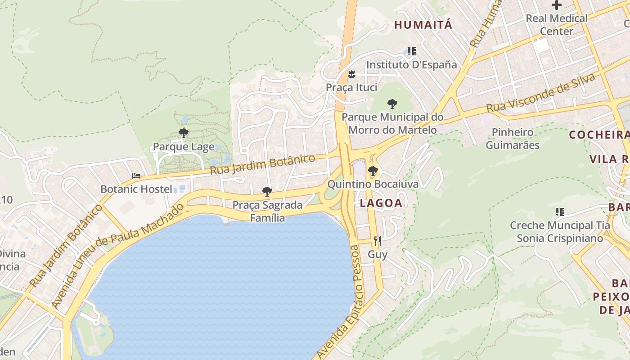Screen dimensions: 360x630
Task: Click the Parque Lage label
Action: click(x=184, y=147)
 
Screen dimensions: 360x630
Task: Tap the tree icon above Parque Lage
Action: click(x=183, y=133)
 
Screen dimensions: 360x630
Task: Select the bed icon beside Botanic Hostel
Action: click(x=136, y=175)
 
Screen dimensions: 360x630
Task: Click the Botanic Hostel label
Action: click(x=136, y=189)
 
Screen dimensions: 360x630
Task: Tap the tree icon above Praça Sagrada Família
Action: click(x=267, y=192)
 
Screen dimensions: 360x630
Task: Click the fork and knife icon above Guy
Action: click(x=378, y=241)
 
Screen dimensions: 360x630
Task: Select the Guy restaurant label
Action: click(x=378, y=255)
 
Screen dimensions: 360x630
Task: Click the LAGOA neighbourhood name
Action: click(x=381, y=203)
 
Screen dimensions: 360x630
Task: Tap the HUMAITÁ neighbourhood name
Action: click(x=423, y=25)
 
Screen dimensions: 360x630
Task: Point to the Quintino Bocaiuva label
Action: click(x=373, y=184)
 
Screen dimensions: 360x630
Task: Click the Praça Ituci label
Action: click(x=351, y=87)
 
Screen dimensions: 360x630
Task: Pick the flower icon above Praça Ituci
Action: click(x=351, y=74)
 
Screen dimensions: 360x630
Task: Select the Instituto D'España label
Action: click(x=411, y=65)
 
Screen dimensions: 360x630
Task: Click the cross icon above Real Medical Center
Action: click(x=557, y=5)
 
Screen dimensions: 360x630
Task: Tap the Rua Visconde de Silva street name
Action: click(x=541, y=94)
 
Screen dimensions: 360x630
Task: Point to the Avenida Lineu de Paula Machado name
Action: click(x=118, y=256)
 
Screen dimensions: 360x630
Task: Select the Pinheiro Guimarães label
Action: click(x=513, y=139)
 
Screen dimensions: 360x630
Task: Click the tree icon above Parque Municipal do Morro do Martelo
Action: click(x=392, y=104)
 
